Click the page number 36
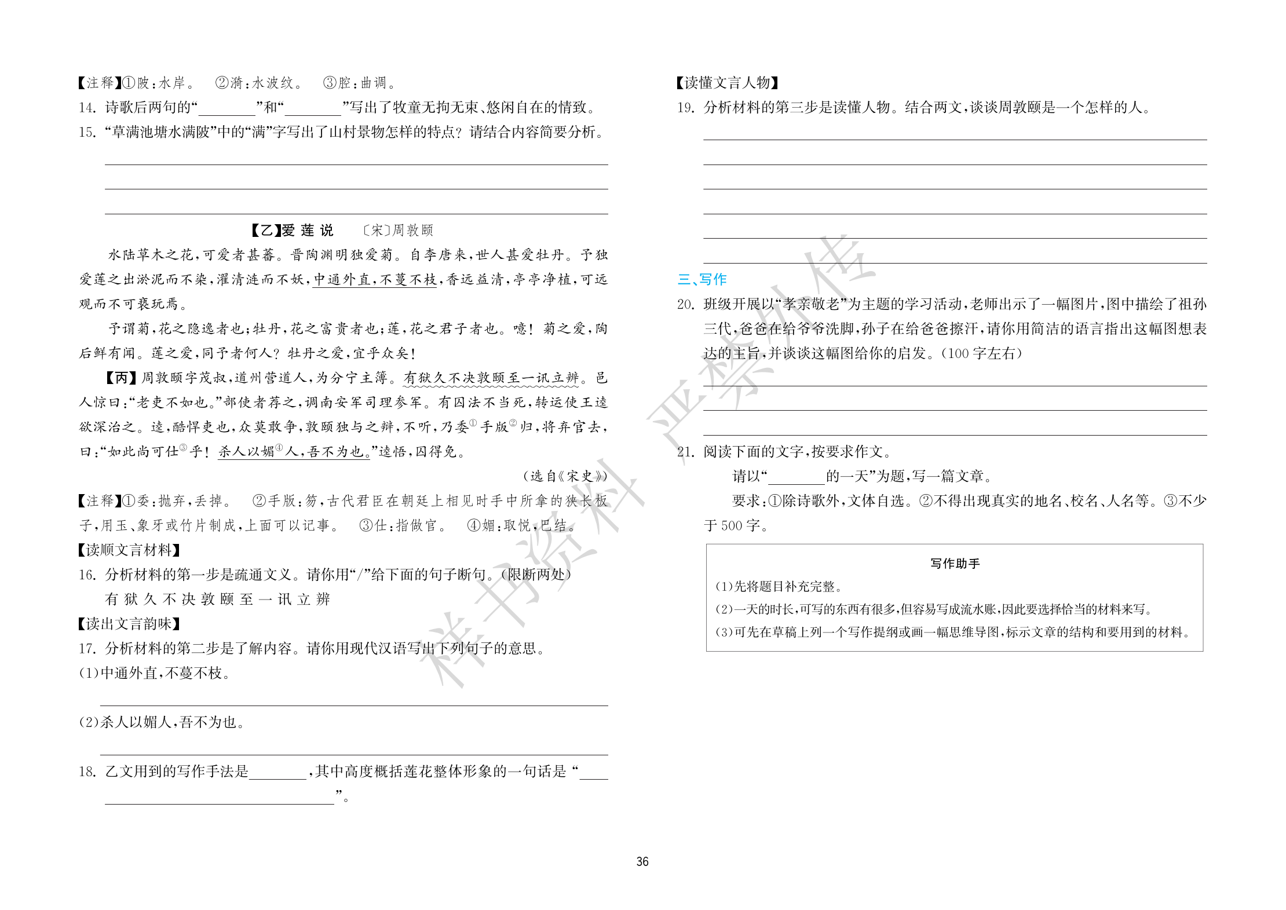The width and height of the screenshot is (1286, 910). (x=642, y=861)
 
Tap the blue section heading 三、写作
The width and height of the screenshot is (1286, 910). (x=702, y=279)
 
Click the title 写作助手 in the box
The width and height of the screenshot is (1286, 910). (x=955, y=564)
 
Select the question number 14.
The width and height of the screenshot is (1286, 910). (x=87, y=108)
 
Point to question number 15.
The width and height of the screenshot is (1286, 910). (x=87, y=133)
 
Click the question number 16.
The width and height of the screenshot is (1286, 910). (x=87, y=575)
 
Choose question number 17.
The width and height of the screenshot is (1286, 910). (x=87, y=649)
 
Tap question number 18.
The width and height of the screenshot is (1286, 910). (x=87, y=772)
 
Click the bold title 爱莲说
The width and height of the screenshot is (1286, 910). (x=307, y=231)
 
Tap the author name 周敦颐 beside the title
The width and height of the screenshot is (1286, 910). (x=412, y=231)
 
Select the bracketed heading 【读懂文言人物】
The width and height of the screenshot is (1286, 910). (x=727, y=83)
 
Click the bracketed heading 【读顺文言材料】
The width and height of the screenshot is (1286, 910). (x=129, y=550)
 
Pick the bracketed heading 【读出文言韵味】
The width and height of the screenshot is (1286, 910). (x=129, y=624)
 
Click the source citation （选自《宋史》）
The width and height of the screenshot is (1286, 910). (x=565, y=476)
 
